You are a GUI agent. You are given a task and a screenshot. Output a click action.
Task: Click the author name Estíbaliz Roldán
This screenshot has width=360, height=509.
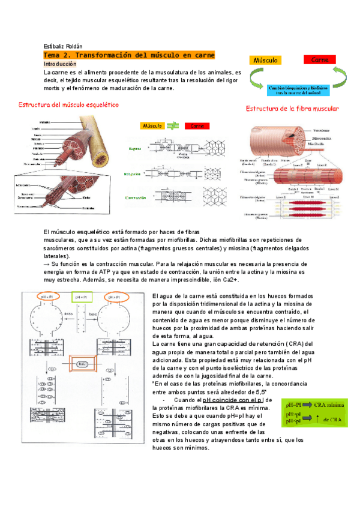tap(64, 47)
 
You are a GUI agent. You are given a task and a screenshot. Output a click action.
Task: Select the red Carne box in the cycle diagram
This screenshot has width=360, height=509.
tap(319, 60)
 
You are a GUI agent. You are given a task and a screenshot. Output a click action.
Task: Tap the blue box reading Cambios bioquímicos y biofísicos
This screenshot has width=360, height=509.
tap(298, 89)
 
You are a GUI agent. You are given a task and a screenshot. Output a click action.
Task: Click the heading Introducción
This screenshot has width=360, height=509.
tap(60, 64)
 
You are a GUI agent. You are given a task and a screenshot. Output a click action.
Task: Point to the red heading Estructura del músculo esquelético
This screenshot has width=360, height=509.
tap(77, 104)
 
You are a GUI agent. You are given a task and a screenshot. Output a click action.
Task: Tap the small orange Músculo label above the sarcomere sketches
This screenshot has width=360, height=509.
tap(152, 126)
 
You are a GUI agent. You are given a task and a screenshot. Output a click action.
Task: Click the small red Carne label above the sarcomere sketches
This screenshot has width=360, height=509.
tap(196, 126)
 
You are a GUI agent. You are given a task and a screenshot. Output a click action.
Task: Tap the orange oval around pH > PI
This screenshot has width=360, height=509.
tap(116, 297)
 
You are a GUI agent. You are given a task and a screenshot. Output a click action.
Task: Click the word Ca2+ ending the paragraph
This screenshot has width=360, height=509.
tap(230, 280)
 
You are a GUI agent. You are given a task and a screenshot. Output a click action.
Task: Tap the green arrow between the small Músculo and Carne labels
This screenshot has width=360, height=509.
tap(173, 126)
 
